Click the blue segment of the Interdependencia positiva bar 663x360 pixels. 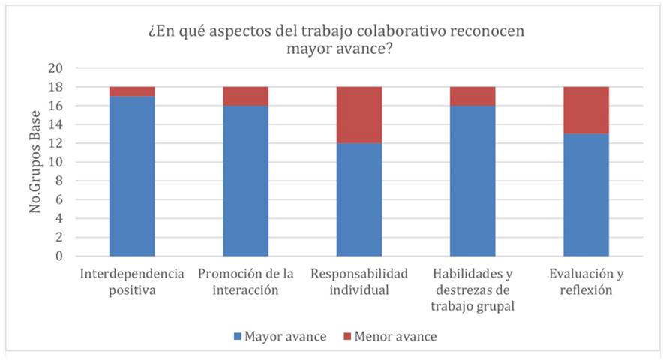(132, 175)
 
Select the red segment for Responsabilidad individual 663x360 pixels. (359, 115)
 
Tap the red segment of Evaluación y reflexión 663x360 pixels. (586, 109)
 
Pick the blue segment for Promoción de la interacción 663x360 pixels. (245, 180)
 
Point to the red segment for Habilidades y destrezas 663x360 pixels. (472, 96)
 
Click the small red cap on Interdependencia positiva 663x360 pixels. (132, 91)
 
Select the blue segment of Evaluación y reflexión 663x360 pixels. (586, 194)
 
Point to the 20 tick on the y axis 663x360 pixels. (57, 67)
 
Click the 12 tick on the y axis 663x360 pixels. (57, 143)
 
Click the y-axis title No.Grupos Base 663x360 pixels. (35, 161)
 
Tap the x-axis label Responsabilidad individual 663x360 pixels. (359, 281)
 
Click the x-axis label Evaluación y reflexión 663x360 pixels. (586, 281)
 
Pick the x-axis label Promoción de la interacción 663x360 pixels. (245, 281)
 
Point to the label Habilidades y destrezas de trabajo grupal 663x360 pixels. (472, 289)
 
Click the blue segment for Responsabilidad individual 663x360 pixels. (359, 199)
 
